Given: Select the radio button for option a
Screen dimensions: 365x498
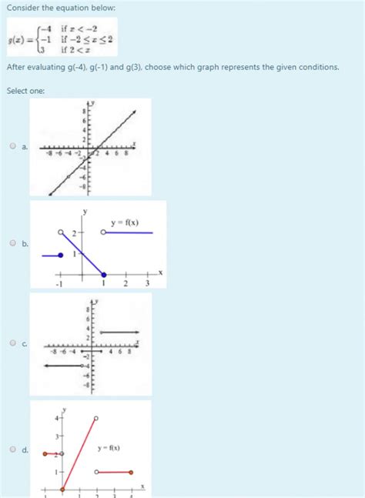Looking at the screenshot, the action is pos(13,146).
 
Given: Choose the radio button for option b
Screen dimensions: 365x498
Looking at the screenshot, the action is pos(13,244).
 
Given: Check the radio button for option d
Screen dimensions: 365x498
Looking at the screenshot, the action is pos(13,450).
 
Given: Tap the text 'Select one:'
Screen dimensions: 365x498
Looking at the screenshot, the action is pos(25,91).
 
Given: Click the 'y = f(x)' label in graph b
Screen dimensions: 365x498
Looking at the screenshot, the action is pos(125,223).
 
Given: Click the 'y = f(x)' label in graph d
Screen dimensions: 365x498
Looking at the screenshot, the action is pos(109,448).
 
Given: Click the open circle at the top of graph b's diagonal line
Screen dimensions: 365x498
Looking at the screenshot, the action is pos(62,232).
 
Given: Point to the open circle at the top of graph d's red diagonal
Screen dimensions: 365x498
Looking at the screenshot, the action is pos(96,419).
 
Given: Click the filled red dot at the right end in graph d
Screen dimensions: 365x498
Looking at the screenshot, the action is pos(132,472).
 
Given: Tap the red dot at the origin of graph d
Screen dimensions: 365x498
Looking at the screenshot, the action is pos(63,489).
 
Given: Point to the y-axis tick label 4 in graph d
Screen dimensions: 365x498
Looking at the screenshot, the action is pos(56,419).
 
